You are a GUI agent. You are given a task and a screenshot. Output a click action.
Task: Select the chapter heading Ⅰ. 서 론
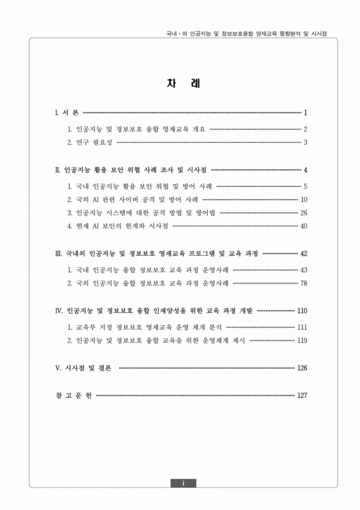click(67, 113)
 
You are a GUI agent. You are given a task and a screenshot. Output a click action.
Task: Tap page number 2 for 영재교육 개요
click(306, 129)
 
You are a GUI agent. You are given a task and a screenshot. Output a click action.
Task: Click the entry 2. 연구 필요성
click(90, 142)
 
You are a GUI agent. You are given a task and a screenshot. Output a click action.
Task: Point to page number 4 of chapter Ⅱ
click(306, 170)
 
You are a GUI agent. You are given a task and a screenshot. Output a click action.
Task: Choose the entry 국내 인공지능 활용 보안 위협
click(140, 186)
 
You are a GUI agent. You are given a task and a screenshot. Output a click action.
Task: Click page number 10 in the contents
click(304, 199)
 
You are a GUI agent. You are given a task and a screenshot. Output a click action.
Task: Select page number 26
click(304, 212)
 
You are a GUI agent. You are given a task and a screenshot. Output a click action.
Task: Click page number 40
click(304, 226)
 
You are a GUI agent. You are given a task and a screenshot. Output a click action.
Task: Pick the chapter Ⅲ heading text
click(157, 254)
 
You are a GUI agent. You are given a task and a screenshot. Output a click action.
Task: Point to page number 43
click(304, 270)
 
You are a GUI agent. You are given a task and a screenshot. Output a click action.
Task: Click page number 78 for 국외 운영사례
click(304, 282)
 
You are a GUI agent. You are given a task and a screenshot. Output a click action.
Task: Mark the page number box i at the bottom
click(183, 483)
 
